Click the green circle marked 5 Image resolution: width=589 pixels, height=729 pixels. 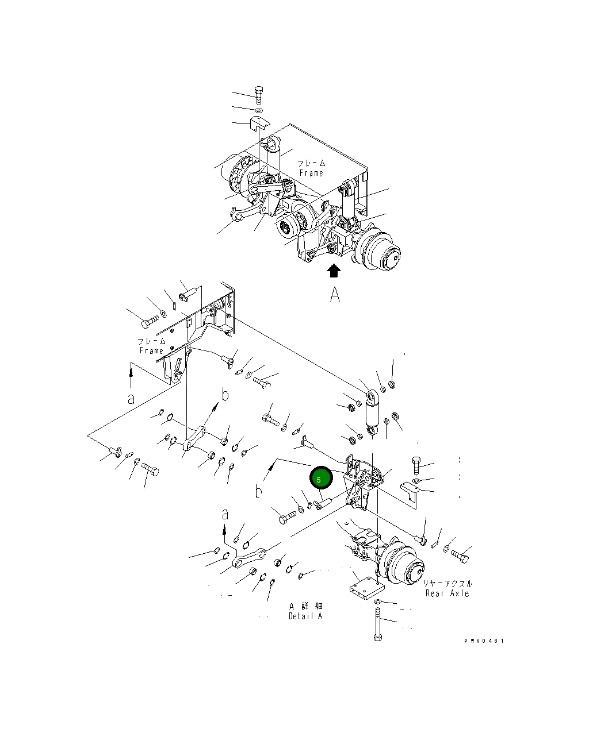[x=320, y=479]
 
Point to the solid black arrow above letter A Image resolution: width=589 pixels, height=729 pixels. [x=334, y=271]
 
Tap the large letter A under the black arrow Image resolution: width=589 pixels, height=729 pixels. [x=335, y=294]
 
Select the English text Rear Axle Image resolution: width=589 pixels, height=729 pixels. [x=447, y=593]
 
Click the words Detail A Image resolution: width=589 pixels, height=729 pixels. [x=305, y=616]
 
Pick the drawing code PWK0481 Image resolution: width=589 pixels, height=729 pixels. [x=484, y=641]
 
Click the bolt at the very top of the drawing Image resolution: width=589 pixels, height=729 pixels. [x=259, y=94]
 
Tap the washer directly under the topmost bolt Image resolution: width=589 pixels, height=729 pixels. [x=259, y=110]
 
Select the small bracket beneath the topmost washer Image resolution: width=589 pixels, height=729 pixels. [x=259, y=123]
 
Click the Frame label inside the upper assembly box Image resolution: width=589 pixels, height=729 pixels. [x=311, y=168]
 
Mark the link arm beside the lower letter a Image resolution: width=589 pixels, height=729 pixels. [x=250, y=558]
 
